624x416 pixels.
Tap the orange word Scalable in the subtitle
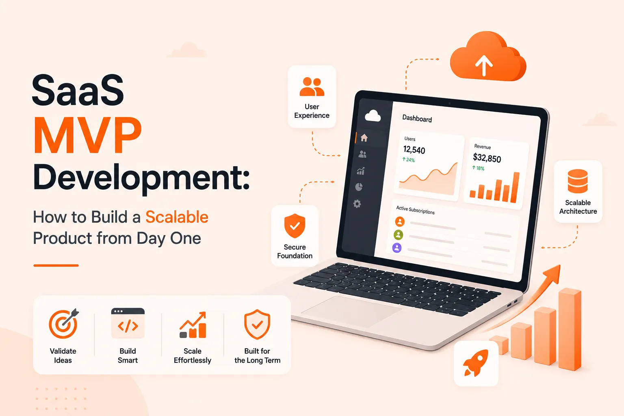click(x=177, y=217)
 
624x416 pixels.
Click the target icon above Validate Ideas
click(x=64, y=323)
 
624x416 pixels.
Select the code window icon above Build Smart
click(x=128, y=323)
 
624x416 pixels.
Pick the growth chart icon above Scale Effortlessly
click(x=193, y=325)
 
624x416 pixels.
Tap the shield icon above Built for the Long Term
click(x=257, y=324)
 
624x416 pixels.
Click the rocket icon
click(x=476, y=363)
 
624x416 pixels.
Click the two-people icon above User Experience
click(x=312, y=87)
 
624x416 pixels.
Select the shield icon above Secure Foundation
click(x=295, y=226)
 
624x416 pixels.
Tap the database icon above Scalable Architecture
click(x=578, y=181)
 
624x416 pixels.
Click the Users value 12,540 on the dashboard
click(x=414, y=150)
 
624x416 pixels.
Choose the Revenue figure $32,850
click(x=487, y=158)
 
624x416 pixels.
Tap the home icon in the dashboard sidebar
click(x=364, y=138)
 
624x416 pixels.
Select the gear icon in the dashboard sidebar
click(x=357, y=204)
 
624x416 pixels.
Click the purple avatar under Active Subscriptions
click(x=397, y=248)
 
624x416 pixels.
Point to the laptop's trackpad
click(x=351, y=311)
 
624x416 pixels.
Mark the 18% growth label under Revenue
click(x=478, y=168)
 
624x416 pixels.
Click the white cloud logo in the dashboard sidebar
click(x=373, y=116)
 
